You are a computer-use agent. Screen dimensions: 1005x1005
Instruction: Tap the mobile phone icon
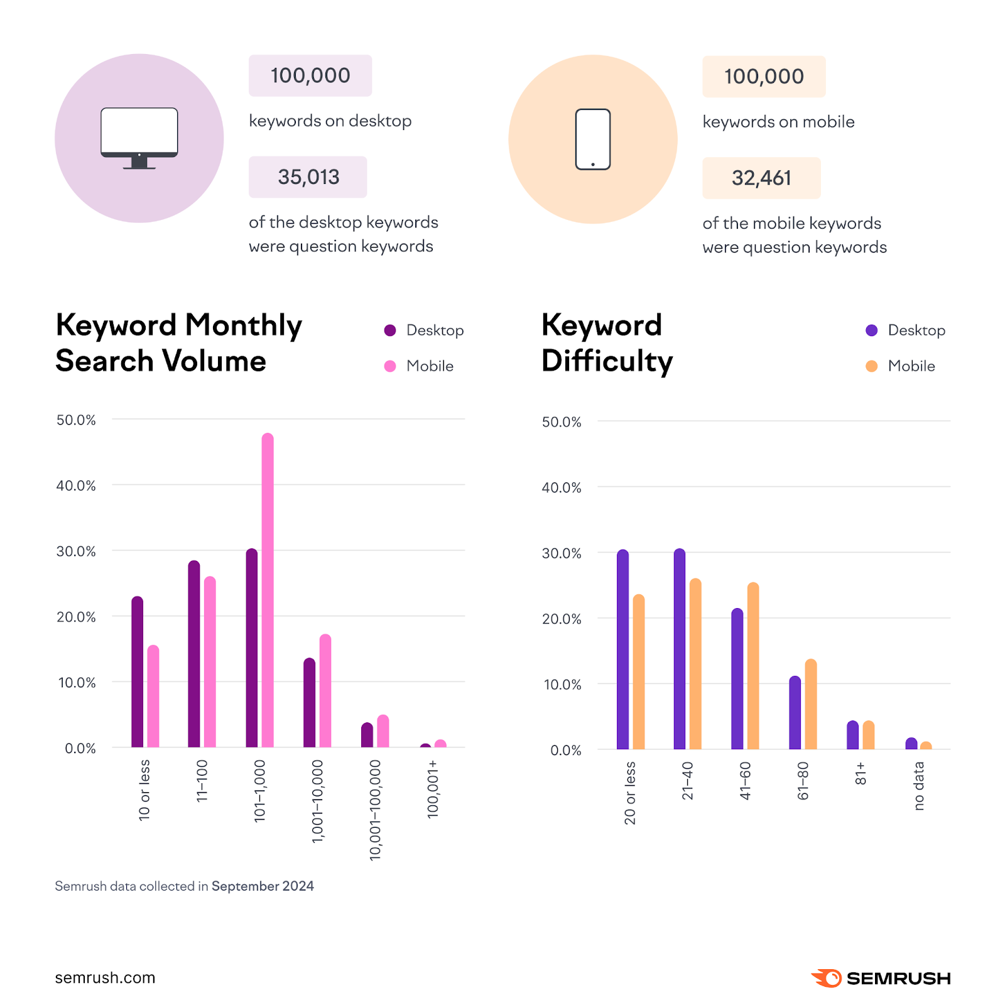click(593, 139)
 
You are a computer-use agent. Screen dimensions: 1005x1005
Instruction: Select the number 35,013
click(308, 177)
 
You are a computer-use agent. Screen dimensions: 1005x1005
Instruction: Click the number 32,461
click(761, 178)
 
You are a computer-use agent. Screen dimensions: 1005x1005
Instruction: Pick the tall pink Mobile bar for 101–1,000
click(268, 590)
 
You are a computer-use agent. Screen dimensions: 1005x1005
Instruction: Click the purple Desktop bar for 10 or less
click(137, 672)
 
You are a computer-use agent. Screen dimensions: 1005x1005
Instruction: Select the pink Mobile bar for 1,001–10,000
click(325, 691)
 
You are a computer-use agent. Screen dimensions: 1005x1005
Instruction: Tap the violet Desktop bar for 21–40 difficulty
click(680, 650)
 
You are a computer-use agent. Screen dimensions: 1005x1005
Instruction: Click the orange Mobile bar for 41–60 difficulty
click(753, 666)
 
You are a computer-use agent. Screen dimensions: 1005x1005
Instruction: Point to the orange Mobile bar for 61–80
click(811, 705)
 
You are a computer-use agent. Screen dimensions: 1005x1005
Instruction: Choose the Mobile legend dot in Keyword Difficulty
click(871, 366)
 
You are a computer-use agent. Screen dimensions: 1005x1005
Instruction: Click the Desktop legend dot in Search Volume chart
click(390, 330)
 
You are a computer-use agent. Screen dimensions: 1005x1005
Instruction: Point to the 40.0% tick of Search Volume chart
click(76, 486)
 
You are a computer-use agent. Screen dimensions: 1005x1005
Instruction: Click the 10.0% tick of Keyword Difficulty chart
click(562, 685)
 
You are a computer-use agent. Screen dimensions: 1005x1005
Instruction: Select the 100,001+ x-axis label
click(433, 788)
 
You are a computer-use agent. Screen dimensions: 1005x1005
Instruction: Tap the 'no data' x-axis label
click(919, 786)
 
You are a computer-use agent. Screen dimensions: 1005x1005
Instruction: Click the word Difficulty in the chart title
click(607, 362)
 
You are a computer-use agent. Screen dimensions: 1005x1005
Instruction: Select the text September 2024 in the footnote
click(263, 886)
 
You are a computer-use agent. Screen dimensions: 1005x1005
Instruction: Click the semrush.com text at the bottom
click(105, 978)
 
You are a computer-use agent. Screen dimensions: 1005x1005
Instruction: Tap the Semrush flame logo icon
click(827, 978)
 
